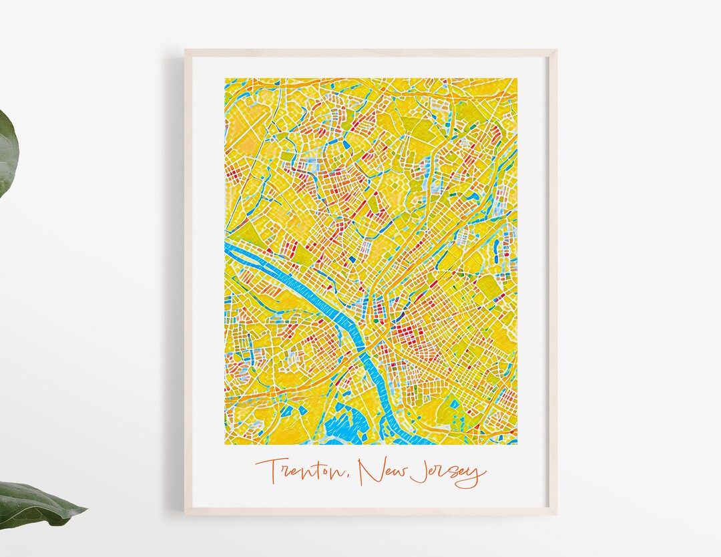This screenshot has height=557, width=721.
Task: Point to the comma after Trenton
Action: coord(349,478)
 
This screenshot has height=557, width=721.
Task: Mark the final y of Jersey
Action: coord(475,476)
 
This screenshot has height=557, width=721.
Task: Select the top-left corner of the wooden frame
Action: coord(186,50)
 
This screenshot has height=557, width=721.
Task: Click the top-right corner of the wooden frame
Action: coord(555,50)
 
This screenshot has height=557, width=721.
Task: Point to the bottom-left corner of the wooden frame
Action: coord(186,514)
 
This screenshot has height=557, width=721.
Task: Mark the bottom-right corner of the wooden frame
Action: coord(555,514)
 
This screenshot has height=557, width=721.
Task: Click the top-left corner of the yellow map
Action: coord(225,79)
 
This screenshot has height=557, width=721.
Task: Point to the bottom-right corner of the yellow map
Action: coord(517,444)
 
